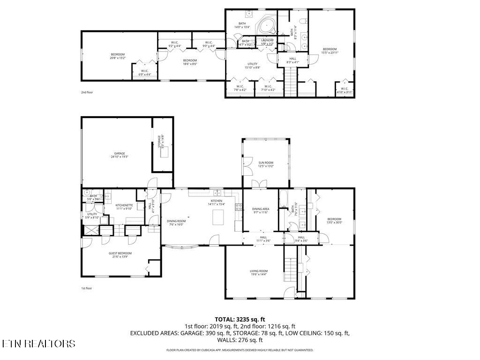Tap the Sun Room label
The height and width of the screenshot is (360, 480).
266,164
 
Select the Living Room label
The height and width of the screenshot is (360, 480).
259,272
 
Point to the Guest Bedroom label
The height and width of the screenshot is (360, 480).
120,255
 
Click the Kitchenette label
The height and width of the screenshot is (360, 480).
124,207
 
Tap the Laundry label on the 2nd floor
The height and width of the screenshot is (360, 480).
267,42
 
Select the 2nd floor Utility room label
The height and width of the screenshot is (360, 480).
253,66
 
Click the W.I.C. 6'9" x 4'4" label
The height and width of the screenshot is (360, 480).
144,73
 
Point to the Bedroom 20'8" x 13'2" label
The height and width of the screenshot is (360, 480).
118,56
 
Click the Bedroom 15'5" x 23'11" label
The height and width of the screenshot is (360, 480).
330,51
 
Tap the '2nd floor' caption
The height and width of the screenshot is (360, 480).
87,92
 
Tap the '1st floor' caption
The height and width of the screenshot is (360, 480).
87,288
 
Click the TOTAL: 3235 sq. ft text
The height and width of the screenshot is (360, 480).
240,319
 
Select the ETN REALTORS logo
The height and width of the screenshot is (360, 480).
38,344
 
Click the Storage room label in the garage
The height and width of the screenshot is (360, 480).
161,142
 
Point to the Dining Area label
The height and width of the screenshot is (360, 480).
261,210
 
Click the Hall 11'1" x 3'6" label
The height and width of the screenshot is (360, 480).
263,239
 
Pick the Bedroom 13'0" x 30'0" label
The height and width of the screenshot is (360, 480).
334,221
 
